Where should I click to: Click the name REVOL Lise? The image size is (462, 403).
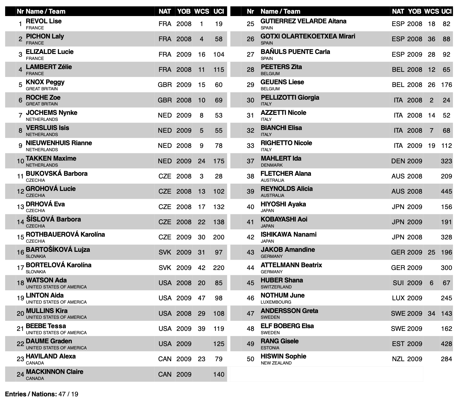click(x=44, y=21)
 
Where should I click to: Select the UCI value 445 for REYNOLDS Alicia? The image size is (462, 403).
click(x=446, y=192)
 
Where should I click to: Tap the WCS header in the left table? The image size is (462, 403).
click(x=202, y=12)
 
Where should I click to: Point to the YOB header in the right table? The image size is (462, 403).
click(x=415, y=12)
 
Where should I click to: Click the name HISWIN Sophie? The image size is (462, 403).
click(x=283, y=356)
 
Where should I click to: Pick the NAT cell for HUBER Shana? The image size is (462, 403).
click(x=398, y=283)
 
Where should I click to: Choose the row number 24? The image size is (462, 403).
click(x=20, y=375)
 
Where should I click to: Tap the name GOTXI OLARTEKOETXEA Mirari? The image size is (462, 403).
click(x=308, y=36)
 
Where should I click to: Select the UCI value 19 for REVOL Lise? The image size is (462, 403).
click(x=219, y=24)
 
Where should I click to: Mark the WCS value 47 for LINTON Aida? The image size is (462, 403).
click(x=202, y=298)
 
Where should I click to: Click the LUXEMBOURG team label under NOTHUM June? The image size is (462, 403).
click(x=276, y=302)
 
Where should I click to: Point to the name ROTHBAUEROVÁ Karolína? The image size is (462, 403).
click(x=65, y=235)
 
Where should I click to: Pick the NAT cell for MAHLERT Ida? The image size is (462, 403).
click(x=398, y=161)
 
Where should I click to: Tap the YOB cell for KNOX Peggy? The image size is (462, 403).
click(x=184, y=85)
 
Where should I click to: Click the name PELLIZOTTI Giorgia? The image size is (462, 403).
click(x=290, y=98)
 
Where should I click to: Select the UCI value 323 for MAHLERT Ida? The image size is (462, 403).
click(x=446, y=161)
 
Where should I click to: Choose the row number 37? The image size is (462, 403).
click(x=250, y=161)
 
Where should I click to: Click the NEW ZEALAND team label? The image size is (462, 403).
click(x=276, y=363)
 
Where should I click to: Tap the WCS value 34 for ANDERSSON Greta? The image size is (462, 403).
click(x=431, y=314)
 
